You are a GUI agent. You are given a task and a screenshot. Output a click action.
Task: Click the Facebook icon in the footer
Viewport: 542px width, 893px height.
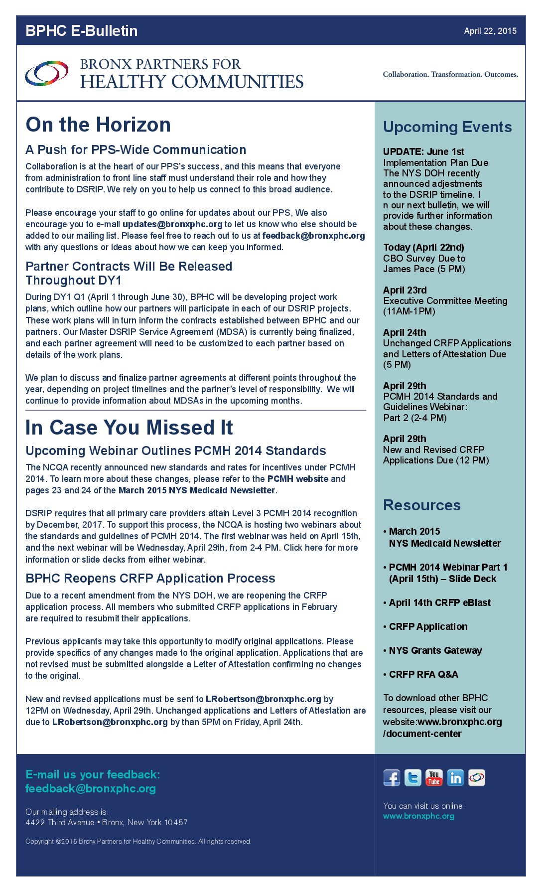[392, 778]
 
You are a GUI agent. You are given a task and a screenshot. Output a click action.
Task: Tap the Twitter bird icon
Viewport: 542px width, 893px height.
[412, 778]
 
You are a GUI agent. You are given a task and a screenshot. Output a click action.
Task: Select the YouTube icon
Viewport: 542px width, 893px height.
[434, 778]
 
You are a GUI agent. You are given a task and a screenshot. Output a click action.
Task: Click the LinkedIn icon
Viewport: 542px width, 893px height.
[455, 778]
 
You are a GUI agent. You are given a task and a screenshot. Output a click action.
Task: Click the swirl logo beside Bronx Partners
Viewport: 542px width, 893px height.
[47, 73]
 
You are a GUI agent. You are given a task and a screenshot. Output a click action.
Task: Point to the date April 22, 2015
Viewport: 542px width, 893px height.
[490, 31]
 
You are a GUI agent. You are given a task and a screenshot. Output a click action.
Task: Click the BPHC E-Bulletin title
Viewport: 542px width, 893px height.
[82, 31]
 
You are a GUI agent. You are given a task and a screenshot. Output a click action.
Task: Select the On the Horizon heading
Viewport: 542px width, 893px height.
[98, 125]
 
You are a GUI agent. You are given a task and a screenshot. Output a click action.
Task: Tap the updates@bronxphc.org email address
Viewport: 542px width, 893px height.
[172, 224]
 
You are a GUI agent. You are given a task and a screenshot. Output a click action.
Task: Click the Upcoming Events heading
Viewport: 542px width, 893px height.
[447, 127]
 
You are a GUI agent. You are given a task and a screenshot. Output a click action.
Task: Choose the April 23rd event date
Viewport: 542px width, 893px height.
[405, 290]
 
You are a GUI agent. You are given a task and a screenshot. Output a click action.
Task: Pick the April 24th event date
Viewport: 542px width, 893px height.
[405, 332]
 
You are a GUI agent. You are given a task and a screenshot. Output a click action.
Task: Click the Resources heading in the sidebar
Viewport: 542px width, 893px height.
[422, 505]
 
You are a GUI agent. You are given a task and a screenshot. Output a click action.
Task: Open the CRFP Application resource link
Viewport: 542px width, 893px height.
[428, 627]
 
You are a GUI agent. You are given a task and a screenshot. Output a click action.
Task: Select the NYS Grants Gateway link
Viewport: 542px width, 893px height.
[435, 651]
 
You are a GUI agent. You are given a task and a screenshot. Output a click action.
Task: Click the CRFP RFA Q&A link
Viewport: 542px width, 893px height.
[423, 675]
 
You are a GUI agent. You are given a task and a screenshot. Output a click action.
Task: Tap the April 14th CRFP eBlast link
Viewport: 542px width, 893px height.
[440, 603]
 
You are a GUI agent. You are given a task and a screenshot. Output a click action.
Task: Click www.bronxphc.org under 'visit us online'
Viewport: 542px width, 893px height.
[418, 816]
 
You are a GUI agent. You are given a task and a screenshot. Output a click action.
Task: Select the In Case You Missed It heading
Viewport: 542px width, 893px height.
[129, 428]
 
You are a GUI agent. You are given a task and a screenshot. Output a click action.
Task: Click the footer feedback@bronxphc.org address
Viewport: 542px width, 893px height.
[91, 788]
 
